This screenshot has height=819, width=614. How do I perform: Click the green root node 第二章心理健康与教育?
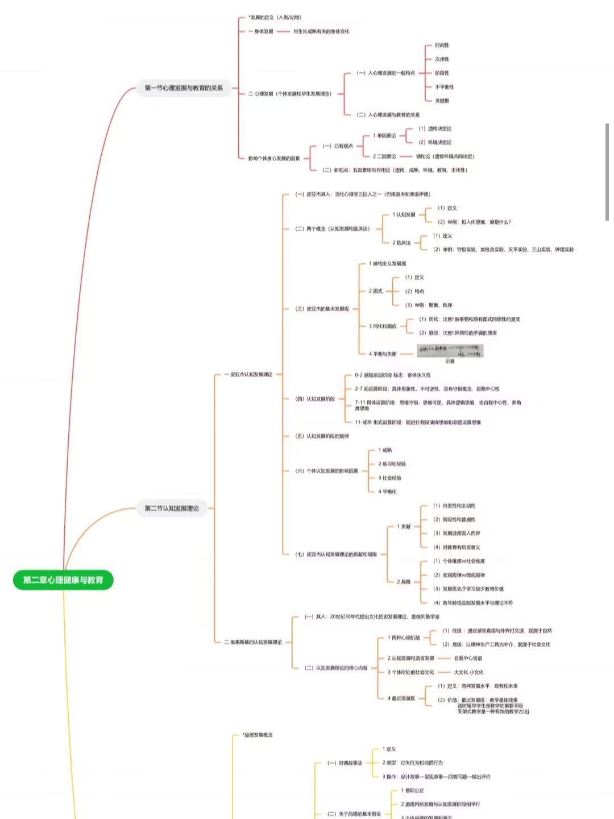click(63, 580)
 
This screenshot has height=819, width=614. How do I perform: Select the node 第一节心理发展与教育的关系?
click(184, 88)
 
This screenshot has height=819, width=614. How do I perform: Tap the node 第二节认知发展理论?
click(172, 508)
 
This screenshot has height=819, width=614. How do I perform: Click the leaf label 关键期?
click(442, 101)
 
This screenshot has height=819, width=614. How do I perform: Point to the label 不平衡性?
click(445, 87)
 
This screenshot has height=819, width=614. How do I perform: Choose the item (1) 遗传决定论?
click(435, 129)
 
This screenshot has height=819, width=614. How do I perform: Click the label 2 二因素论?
click(384, 156)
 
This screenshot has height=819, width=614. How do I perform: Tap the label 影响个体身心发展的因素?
click(274, 158)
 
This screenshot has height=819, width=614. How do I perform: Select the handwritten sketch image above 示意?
click(450, 350)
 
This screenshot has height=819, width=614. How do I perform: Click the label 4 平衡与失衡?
click(383, 354)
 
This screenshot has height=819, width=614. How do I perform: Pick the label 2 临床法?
click(401, 243)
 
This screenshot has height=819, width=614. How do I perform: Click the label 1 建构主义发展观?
click(387, 263)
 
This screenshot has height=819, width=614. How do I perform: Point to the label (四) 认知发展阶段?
click(315, 399)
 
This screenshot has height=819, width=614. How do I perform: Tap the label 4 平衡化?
click(388, 491)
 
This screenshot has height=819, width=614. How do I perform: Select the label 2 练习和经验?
click(392, 464)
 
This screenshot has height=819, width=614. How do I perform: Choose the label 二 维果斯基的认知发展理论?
click(253, 642)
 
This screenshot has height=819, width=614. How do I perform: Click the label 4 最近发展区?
click(401, 698)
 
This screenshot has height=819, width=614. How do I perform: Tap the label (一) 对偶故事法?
click(345, 763)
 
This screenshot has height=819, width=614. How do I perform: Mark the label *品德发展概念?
click(258, 735)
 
